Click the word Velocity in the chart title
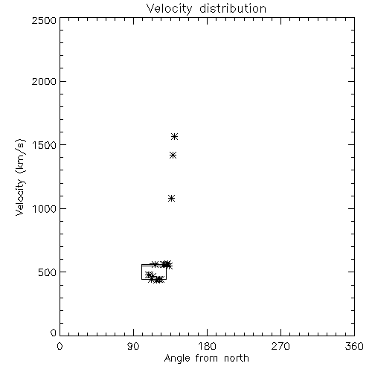[169, 9]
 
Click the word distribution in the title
[233, 8]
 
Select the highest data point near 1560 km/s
[175, 136]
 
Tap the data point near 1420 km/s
[173, 155]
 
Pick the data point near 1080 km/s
[171, 199]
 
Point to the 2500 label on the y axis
[44, 20]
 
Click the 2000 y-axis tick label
[44, 81]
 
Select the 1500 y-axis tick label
[45, 145]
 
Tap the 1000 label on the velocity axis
[45, 208]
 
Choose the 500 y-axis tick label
[48, 272]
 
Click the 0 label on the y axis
[54, 333]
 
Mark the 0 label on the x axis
[60, 346]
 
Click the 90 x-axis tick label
[133, 346]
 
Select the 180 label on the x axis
[207, 346]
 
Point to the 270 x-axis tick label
[280, 346]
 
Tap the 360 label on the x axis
[354, 346]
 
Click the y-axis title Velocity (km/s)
[20, 177]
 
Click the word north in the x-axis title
[237, 359]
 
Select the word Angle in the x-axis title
[177, 359]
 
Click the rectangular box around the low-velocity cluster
[141, 272]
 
